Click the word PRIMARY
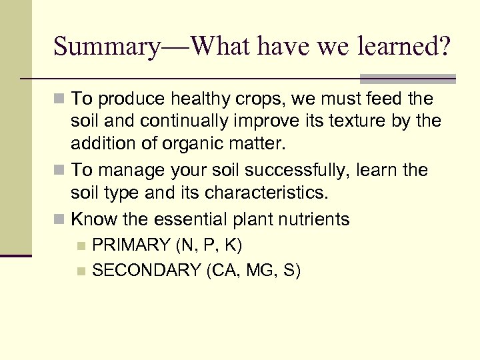(131, 245)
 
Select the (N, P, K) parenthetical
(208, 245)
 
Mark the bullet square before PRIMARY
(81, 246)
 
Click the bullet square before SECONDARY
(81, 271)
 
